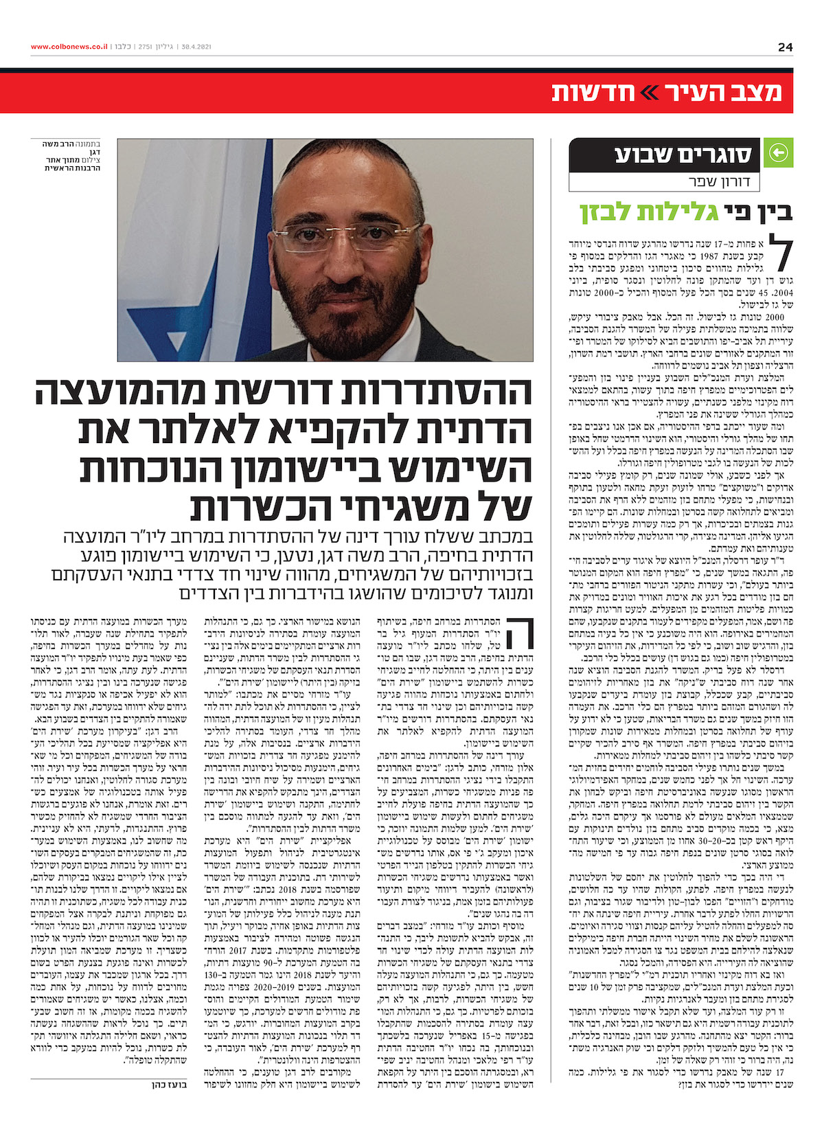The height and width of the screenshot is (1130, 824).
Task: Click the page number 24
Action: coord(786,47)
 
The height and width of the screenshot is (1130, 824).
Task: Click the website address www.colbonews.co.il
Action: coord(69,47)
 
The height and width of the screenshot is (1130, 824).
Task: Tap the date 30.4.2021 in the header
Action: coord(197,47)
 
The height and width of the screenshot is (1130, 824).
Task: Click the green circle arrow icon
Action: coord(779,152)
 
